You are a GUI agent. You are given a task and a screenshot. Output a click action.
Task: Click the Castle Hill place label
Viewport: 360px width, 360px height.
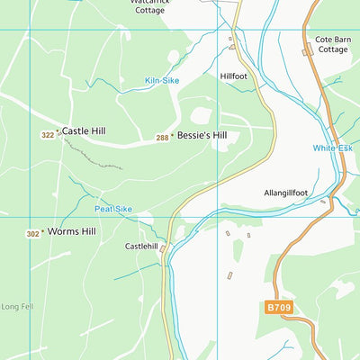[84, 131]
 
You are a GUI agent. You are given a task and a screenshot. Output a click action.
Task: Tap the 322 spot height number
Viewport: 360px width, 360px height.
[47, 135]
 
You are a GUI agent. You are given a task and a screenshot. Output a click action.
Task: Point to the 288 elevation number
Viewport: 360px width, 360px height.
[162, 138]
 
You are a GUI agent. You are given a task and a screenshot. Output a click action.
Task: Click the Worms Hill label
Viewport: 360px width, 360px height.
[71, 231]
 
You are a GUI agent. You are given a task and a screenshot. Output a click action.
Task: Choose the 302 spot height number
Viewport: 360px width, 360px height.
[32, 234]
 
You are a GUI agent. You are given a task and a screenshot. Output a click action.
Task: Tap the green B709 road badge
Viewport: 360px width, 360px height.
[279, 307]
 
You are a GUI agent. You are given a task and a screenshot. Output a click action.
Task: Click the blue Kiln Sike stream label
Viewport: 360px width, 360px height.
[162, 81]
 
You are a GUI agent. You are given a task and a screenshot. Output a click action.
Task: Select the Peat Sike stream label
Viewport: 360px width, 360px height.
[113, 209]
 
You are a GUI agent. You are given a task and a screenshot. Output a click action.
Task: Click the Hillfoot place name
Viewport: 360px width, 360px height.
[234, 76]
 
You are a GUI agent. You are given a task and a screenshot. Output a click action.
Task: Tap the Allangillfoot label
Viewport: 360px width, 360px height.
[286, 193]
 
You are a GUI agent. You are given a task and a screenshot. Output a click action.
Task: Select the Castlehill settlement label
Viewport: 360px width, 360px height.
[141, 246]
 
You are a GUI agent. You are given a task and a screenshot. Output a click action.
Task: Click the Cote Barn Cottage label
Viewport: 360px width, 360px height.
[332, 45]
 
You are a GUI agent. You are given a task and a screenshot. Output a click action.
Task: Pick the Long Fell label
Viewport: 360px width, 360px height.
[17, 307]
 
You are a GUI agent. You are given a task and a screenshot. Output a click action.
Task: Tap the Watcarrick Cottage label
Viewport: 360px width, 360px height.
[149, 6]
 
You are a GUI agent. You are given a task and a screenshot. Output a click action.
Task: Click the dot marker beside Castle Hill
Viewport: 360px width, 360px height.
[58, 132]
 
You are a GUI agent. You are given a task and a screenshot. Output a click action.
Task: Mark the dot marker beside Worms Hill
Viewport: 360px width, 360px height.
[44, 232]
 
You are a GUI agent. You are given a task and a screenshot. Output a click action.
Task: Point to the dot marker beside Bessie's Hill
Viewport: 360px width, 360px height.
[174, 137]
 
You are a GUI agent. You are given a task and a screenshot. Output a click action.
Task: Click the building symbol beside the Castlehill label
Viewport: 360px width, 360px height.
[163, 253]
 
